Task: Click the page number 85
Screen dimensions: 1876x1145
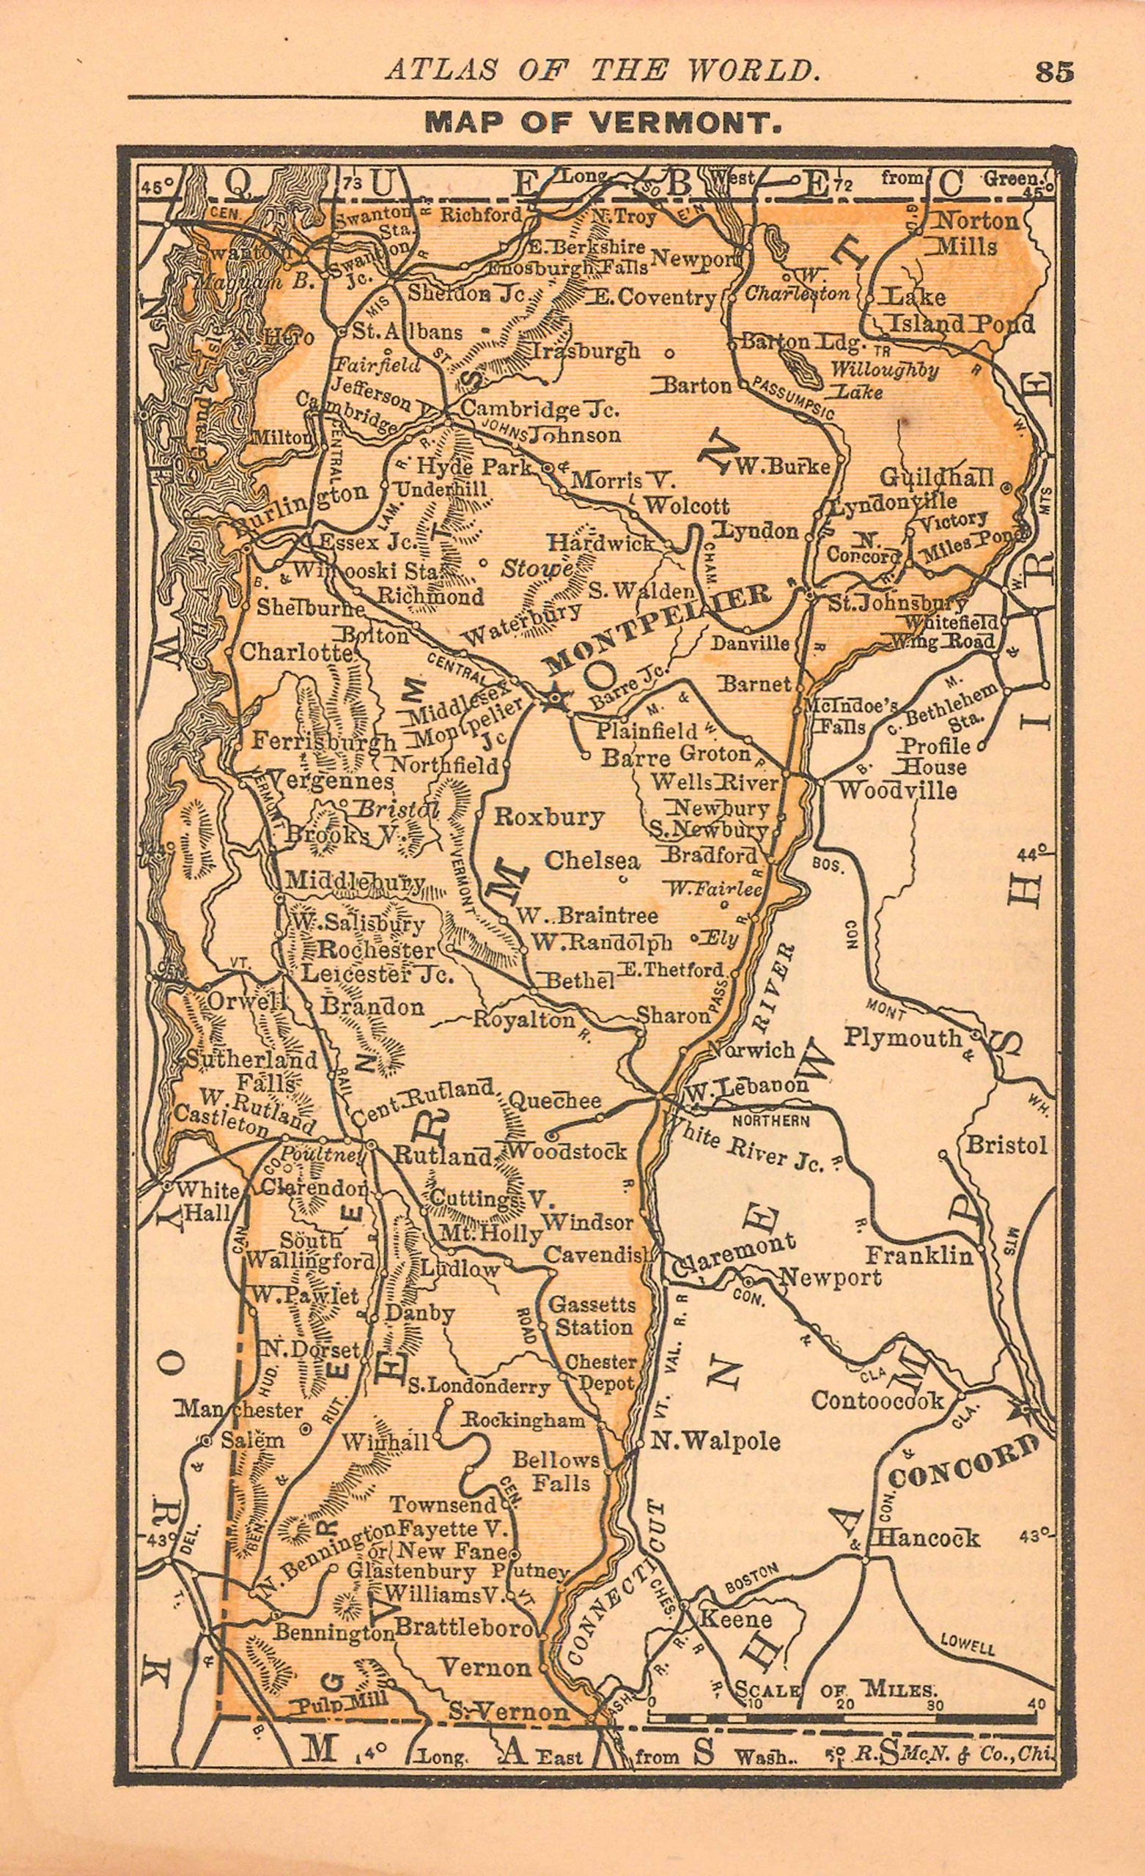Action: click(1053, 72)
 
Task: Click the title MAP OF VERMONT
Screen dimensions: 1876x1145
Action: click(603, 122)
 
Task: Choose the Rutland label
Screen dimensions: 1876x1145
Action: click(443, 1156)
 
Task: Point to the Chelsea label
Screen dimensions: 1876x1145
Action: click(592, 860)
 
